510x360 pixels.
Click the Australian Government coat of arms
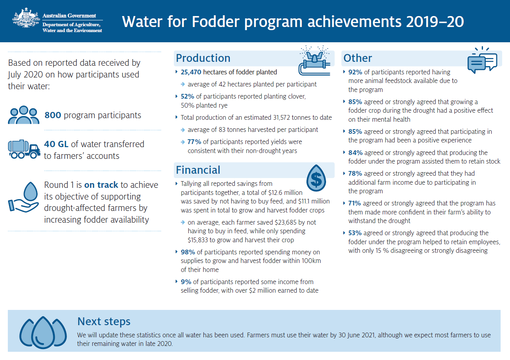[x=26, y=18]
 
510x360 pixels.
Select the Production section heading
[x=203, y=58]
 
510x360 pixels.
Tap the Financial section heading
[x=198, y=170]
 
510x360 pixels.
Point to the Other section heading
[x=358, y=58]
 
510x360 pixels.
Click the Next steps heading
[x=104, y=321]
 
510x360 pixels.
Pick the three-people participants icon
[x=23, y=115]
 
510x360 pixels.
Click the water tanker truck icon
[x=24, y=149]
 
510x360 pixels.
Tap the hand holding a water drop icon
[x=23, y=197]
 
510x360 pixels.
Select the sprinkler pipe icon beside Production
[x=314, y=61]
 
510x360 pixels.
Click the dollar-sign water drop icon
[x=316, y=178]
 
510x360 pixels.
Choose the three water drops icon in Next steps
[x=43, y=332]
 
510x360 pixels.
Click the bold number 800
[x=52, y=115]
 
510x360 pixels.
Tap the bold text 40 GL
[x=56, y=144]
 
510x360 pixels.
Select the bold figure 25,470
[x=191, y=72]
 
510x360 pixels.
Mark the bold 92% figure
[x=355, y=72]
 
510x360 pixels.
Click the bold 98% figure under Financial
[x=188, y=252]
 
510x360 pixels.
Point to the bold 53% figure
[x=355, y=233]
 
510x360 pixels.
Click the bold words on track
[x=101, y=185]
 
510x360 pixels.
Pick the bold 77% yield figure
[x=194, y=142]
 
